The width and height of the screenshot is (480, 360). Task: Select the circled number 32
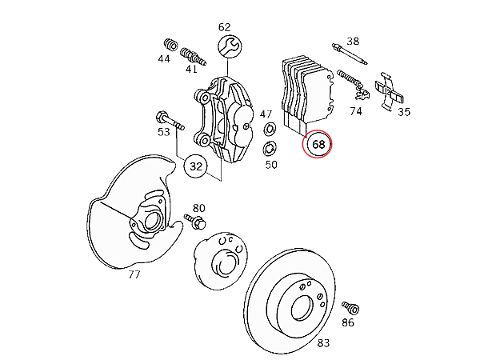click(x=196, y=166)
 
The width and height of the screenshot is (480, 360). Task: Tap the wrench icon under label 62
click(x=230, y=46)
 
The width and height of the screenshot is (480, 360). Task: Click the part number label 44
click(x=164, y=58)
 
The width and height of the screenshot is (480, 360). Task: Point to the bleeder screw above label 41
click(x=193, y=56)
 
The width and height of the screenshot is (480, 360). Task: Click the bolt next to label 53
click(x=170, y=121)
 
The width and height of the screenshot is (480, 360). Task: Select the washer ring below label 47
click(x=270, y=129)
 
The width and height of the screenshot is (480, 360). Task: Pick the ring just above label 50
click(x=270, y=148)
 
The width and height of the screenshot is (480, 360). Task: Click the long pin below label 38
click(x=350, y=54)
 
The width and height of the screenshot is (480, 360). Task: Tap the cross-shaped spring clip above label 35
click(x=389, y=90)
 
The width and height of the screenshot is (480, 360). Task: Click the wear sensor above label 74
click(x=354, y=84)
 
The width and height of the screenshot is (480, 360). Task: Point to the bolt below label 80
click(x=195, y=222)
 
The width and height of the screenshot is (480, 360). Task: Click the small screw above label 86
click(x=351, y=308)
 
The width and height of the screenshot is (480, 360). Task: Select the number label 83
click(x=323, y=343)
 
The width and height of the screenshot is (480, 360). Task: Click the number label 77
click(x=134, y=274)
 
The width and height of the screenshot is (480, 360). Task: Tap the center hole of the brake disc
click(x=302, y=307)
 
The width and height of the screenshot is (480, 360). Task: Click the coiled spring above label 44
click(x=170, y=45)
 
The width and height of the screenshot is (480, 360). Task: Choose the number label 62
click(x=224, y=27)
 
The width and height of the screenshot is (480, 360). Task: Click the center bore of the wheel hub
click(x=226, y=263)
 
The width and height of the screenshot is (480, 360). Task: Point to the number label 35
click(x=404, y=112)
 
